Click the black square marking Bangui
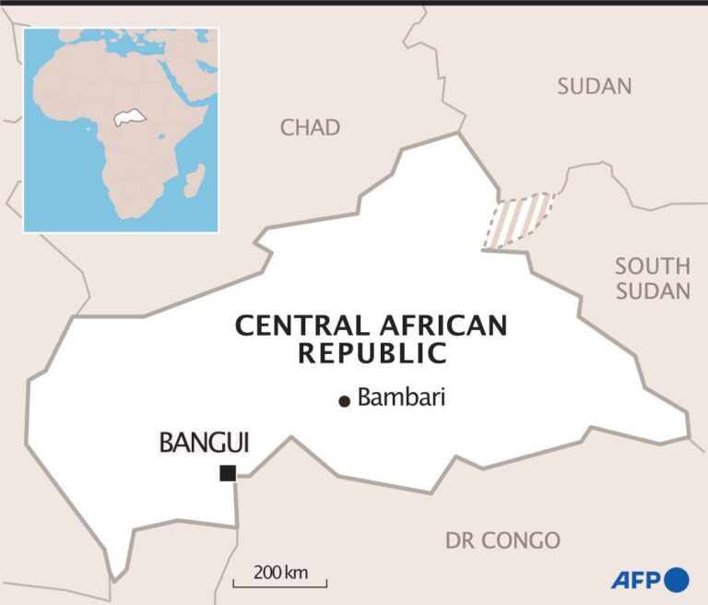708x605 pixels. [x=227, y=473]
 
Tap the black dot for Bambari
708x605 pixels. [x=345, y=400]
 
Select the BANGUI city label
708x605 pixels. [x=204, y=443]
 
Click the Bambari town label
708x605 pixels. [x=402, y=398]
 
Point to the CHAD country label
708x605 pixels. [x=310, y=127]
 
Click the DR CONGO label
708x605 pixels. [x=502, y=540]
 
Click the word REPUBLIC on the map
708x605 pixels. [x=372, y=353]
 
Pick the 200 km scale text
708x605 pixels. [x=280, y=572]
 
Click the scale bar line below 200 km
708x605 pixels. [x=279, y=586]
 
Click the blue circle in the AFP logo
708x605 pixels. [x=677, y=580]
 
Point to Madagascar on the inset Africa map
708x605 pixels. [x=194, y=180]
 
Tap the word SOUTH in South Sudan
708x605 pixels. [x=653, y=267]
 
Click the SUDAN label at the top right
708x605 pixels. [x=595, y=87]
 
